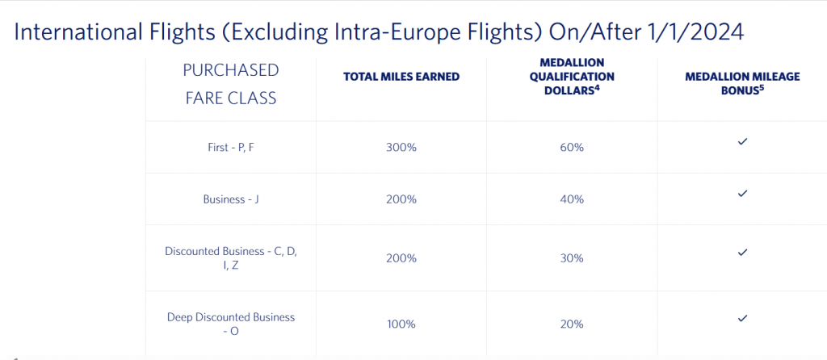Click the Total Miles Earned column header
(x=401, y=77)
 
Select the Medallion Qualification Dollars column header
(x=572, y=77)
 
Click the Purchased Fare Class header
(x=231, y=84)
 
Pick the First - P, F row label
(x=231, y=148)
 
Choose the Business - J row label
(x=231, y=199)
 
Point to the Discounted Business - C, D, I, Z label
(x=231, y=258)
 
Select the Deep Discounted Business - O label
(x=231, y=324)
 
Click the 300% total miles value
(x=401, y=148)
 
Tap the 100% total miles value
(x=401, y=324)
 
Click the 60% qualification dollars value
(x=572, y=148)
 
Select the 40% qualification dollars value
(x=572, y=199)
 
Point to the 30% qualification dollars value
(x=572, y=258)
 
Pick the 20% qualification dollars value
(x=572, y=324)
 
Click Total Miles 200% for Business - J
(x=401, y=199)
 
